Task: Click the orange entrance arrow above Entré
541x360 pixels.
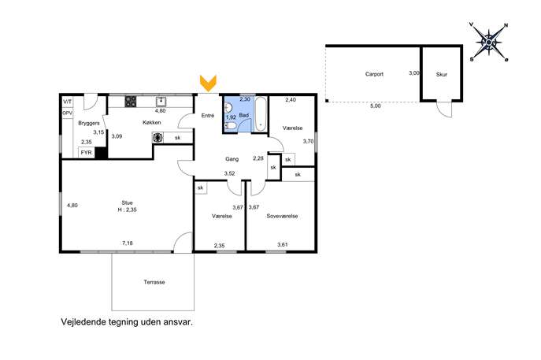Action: (x=208, y=84)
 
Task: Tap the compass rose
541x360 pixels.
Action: (x=488, y=42)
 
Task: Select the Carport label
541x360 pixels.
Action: (x=374, y=74)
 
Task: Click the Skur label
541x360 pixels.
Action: (x=442, y=74)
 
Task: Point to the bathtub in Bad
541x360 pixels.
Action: (x=261, y=114)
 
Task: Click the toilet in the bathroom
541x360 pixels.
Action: (x=231, y=126)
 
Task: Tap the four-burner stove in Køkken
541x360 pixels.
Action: (x=131, y=102)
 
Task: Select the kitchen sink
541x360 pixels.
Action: (x=161, y=102)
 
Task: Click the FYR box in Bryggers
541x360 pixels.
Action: (x=87, y=152)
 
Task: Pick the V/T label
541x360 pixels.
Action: (x=67, y=102)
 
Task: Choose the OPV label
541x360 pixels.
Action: (x=67, y=113)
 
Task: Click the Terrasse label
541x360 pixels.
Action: (x=154, y=282)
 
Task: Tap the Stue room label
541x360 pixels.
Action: (x=127, y=202)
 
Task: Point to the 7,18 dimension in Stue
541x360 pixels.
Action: (x=128, y=243)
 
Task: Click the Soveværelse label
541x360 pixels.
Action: (x=282, y=216)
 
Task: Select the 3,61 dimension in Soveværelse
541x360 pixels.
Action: (x=283, y=245)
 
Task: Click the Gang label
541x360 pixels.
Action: (x=232, y=159)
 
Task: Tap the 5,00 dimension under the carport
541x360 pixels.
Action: (x=376, y=106)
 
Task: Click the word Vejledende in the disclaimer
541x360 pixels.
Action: (x=83, y=322)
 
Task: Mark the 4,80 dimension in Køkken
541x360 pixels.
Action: (x=160, y=111)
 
